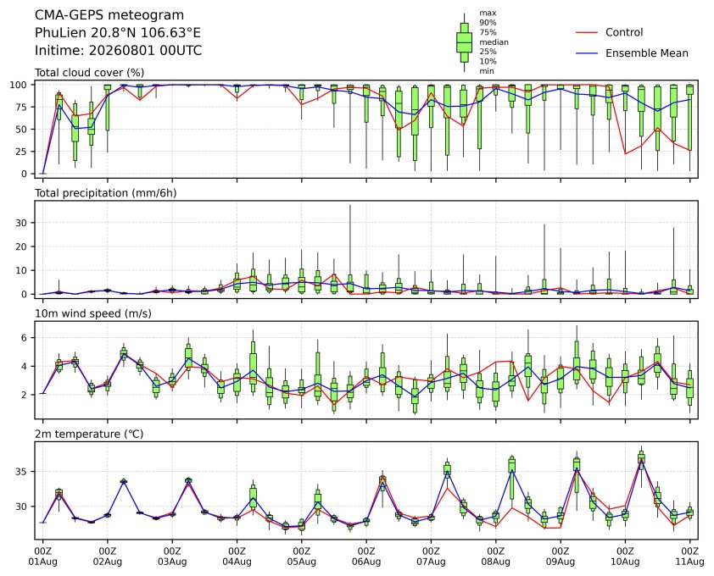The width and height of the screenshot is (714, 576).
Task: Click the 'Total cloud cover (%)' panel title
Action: click(x=90, y=73)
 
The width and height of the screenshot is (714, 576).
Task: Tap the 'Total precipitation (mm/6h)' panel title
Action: click(x=106, y=193)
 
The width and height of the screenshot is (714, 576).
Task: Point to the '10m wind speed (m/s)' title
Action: click(x=93, y=313)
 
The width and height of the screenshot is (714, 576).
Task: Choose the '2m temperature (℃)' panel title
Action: click(x=89, y=434)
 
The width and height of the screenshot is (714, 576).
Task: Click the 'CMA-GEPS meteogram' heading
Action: click(x=109, y=15)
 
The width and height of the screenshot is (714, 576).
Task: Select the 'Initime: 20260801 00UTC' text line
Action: click(x=119, y=50)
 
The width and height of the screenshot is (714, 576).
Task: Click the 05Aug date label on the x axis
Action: click(x=301, y=562)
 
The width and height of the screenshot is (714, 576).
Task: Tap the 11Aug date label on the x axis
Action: click(x=690, y=562)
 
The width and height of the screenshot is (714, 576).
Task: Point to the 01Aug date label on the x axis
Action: click(x=42, y=562)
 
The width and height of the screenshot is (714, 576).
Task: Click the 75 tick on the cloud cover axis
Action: click(x=22, y=107)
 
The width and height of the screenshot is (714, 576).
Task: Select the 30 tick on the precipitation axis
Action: click(x=22, y=223)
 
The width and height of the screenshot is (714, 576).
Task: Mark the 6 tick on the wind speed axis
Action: click(x=25, y=338)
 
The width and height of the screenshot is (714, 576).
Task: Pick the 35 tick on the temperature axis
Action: click(x=22, y=471)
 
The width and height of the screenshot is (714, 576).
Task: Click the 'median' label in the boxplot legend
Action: click(x=494, y=42)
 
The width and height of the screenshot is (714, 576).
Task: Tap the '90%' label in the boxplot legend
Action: click(x=488, y=22)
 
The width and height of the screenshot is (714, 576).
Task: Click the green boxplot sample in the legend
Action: click(x=464, y=42)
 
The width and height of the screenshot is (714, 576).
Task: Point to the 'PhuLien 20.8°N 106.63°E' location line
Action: click(x=118, y=33)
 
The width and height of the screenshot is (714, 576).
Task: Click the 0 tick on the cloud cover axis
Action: click(x=25, y=174)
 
